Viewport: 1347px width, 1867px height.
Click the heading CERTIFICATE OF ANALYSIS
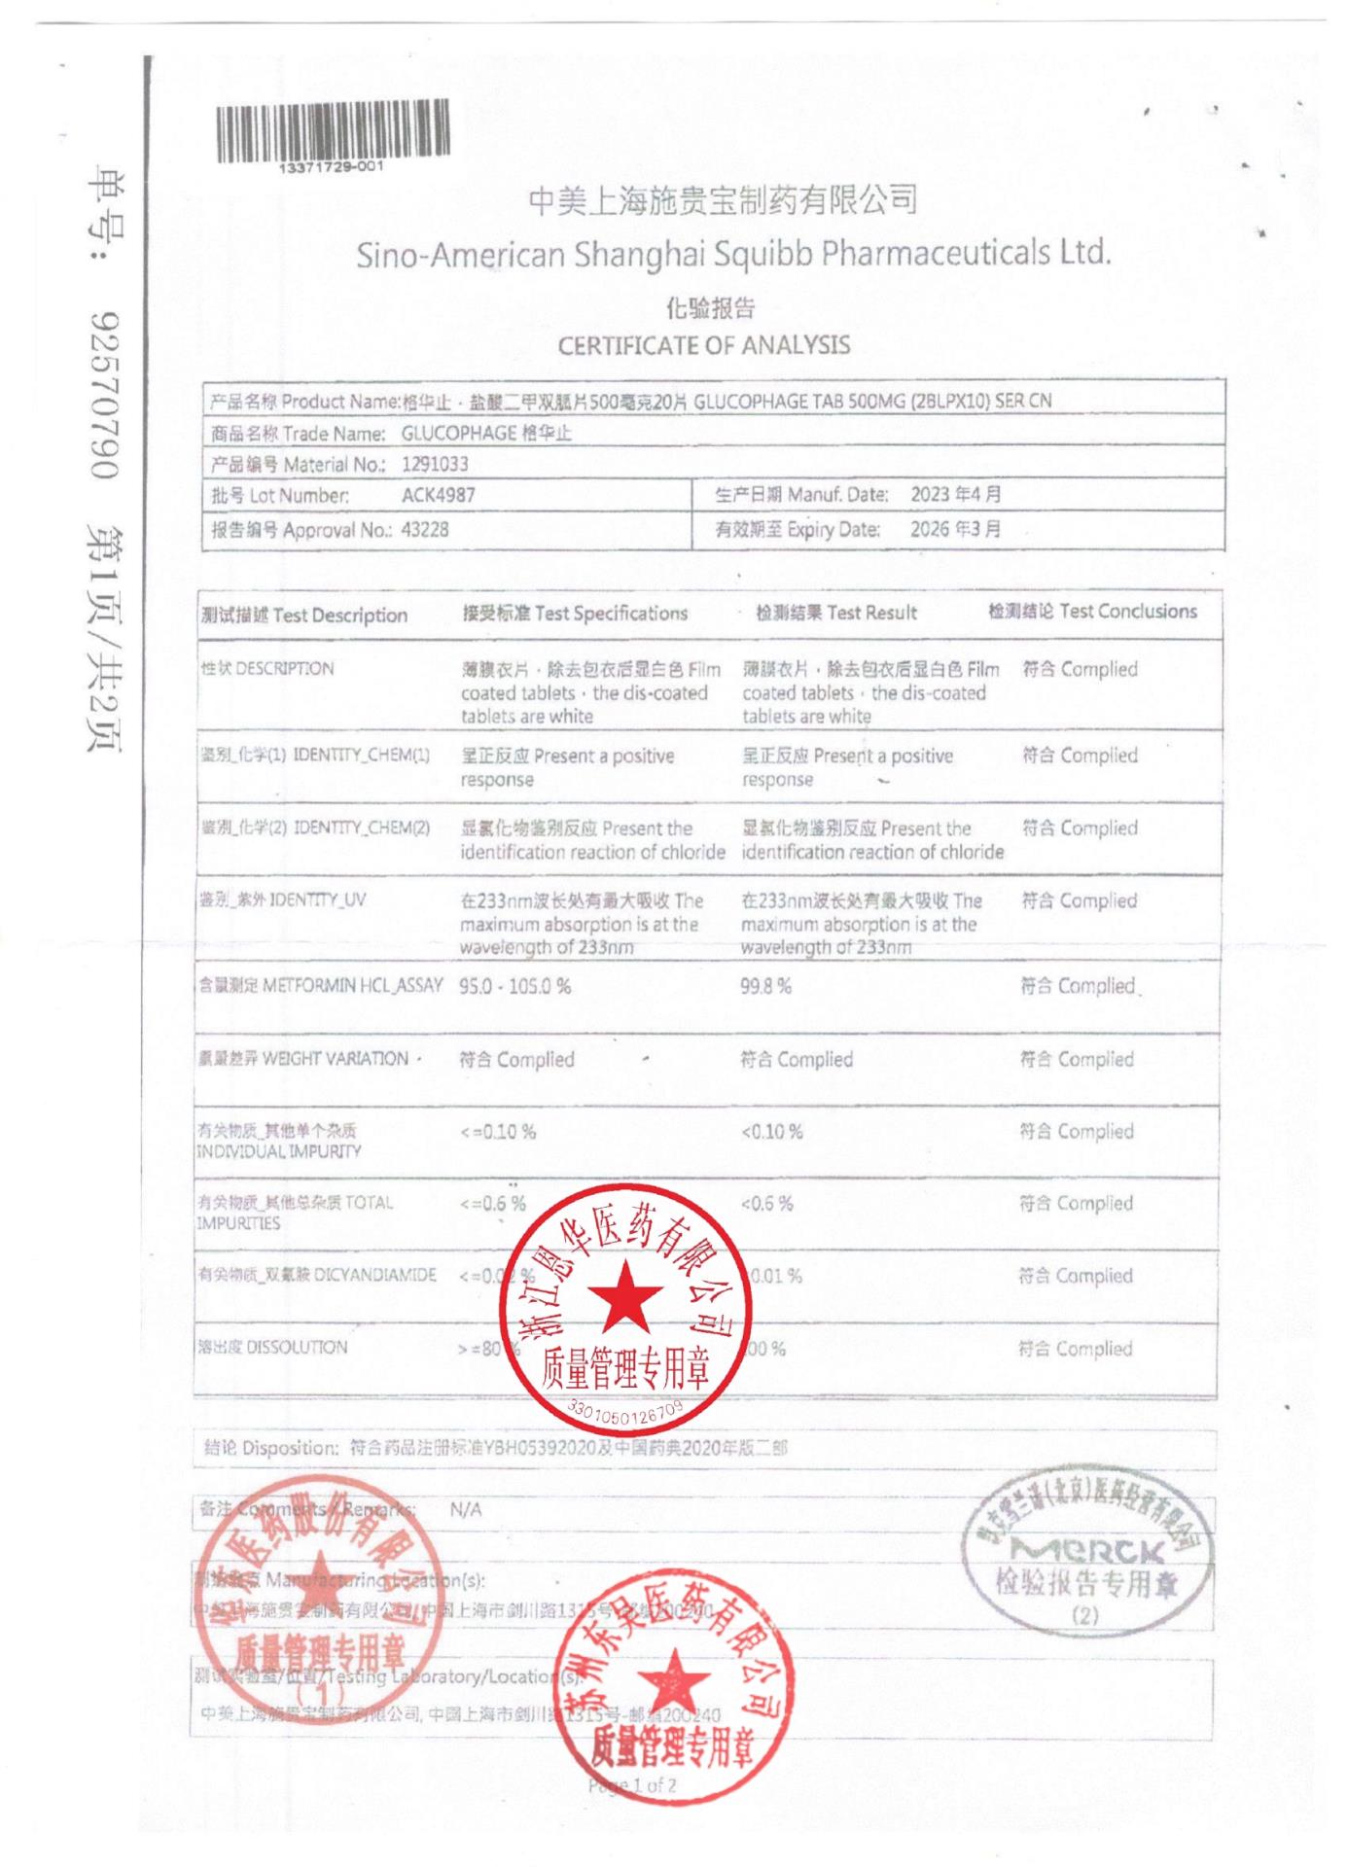[703, 345]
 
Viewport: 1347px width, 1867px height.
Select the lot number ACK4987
[439, 495]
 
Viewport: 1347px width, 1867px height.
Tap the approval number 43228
[425, 530]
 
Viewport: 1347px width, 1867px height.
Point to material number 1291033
[435, 465]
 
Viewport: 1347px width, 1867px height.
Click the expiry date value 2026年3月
[955, 529]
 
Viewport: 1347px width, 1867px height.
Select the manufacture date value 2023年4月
[955, 494]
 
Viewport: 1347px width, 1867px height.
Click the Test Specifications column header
[575, 614]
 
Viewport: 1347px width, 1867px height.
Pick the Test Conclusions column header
[1092, 612]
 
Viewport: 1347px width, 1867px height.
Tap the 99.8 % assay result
[766, 986]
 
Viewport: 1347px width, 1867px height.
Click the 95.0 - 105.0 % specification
[515, 986]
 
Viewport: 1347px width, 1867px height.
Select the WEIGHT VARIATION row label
[303, 1059]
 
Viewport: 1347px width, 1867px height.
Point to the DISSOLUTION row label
[272, 1348]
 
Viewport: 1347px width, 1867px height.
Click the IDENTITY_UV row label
[283, 899]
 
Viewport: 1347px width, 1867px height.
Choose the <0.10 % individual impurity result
[772, 1132]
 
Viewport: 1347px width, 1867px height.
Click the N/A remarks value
[466, 1510]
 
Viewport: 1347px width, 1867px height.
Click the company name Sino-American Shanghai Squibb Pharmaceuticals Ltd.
[733, 255]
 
